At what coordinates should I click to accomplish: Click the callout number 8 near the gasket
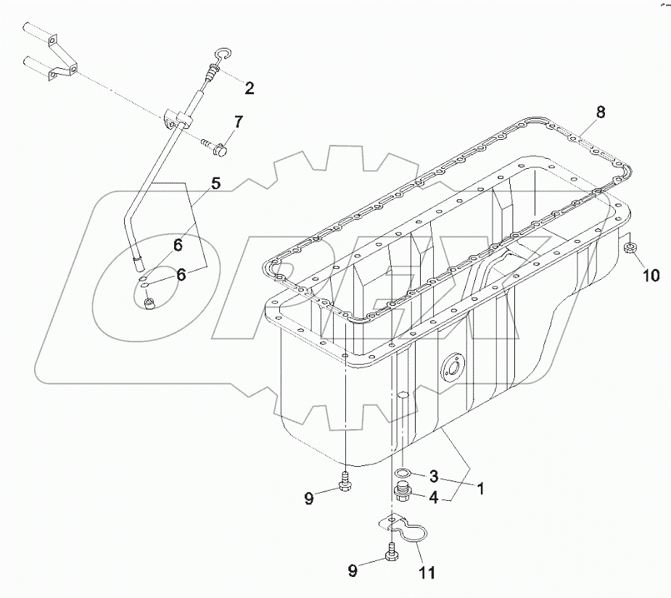(600, 112)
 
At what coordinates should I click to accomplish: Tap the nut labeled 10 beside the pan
(630, 250)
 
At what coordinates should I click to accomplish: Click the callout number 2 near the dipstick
(249, 88)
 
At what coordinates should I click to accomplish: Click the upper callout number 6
(178, 246)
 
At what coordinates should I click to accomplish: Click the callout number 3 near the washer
(433, 476)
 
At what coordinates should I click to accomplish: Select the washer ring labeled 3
(402, 476)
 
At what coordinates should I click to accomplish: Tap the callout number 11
(427, 573)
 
